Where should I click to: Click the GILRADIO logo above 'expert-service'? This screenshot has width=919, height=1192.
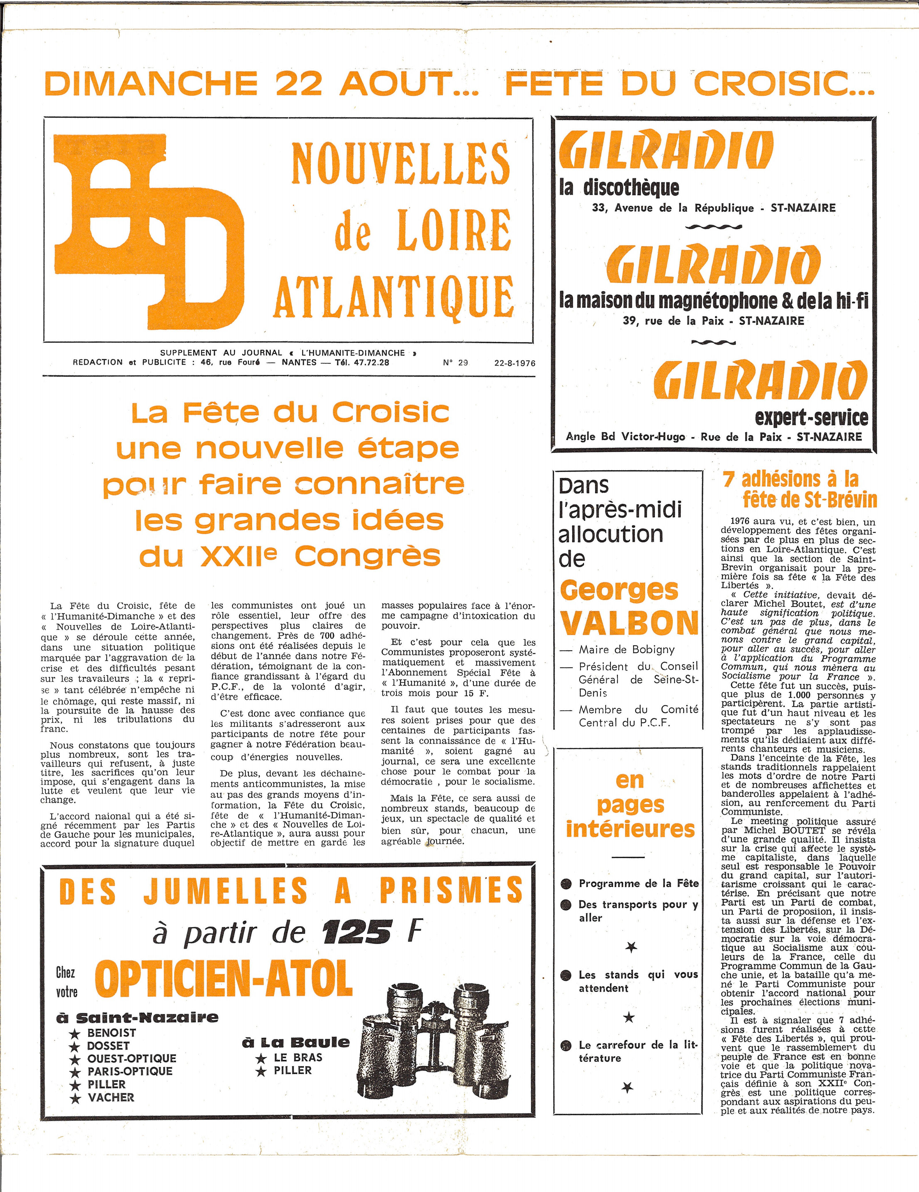(x=760, y=380)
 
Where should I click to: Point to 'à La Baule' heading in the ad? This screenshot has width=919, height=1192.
(x=295, y=1042)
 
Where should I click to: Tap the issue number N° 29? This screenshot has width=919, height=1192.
(x=455, y=363)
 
